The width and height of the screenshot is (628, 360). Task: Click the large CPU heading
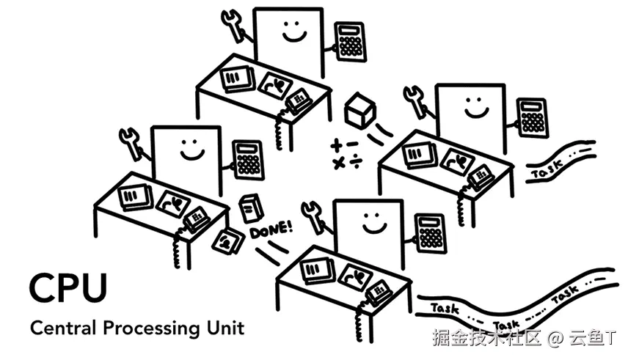pyautogui.click(x=68, y=287)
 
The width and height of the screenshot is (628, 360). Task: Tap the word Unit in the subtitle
pyautogui.click(x=222, y=327)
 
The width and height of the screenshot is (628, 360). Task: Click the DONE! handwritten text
pyautogui.click(x=271, y=230)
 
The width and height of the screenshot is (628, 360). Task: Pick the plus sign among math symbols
pyautogui.click(x=337, y=144)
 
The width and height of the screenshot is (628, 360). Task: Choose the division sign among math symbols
pyautogui.click(x=354, y=162)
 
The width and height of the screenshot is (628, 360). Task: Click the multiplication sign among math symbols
pyautogui.click(x=338, y=163)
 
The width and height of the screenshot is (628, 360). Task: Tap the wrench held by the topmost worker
pyautogui.click(x=235, y=25)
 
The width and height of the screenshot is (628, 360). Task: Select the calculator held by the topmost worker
pyautogui.click(x=350, y=39)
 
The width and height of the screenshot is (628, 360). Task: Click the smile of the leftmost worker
pyautogui.click(x=193, y=153)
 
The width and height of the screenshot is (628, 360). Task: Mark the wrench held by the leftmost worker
pyautogui.click(x=132, y=142)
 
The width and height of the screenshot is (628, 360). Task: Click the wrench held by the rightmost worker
pyautogui.click(x=415, y=100)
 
